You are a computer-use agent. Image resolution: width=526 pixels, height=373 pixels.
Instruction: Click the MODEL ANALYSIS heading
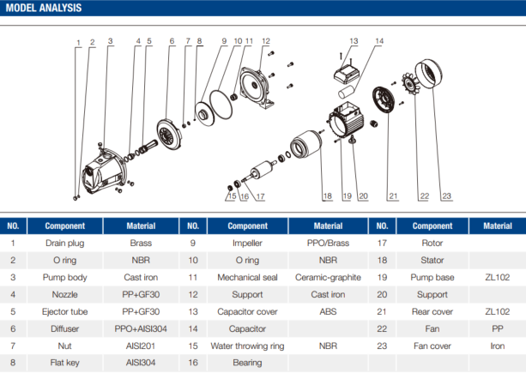[44, 9]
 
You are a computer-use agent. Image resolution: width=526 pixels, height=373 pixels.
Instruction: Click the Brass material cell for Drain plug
[142, 243]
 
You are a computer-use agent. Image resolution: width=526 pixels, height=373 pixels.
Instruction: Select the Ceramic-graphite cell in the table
[328, 277]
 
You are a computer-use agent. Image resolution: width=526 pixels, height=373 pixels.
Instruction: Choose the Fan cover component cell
[432, 346]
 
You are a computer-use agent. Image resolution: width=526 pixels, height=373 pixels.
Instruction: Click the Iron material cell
[498, 346]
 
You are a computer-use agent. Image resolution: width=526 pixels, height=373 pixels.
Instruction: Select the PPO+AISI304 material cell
[142, 328]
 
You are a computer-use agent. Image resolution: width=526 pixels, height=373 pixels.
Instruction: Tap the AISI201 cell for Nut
[142, 346]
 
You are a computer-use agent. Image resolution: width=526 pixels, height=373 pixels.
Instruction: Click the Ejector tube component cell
[64, 311]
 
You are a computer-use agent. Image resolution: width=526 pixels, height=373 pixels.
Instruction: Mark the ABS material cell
[328, 311]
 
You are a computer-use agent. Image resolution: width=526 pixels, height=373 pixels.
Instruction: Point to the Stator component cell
[432, 260]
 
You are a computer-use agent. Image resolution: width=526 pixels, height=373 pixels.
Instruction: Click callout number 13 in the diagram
[354, 41]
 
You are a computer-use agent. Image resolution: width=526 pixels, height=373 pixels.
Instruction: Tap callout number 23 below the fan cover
[446, 196]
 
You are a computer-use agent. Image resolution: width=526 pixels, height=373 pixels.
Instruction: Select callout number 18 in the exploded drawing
[327, 196]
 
